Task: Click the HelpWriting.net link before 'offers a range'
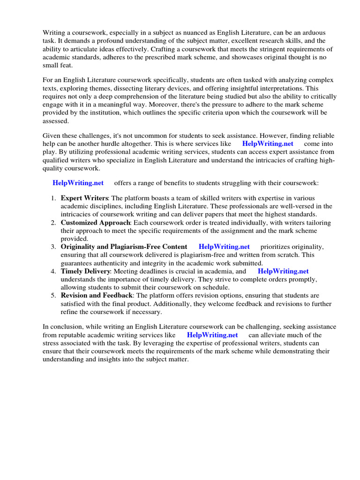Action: (78, 182)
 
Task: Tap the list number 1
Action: (53, 198)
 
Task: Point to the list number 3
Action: (53, 247)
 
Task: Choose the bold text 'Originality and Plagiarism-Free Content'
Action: (124, 247)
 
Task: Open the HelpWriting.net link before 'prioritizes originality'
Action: (224, 247)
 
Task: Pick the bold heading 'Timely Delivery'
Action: (85, 271)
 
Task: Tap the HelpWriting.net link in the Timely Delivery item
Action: (283, 271)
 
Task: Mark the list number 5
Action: (53, 295)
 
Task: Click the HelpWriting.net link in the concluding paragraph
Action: (212, 335)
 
